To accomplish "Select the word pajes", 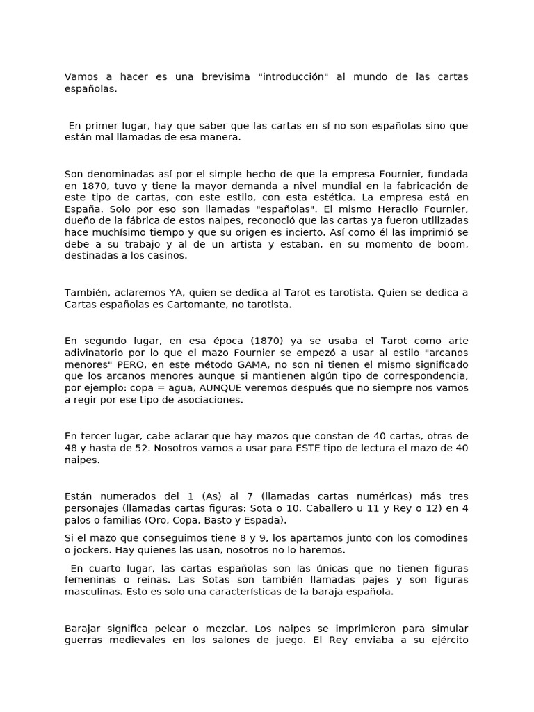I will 375,580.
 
